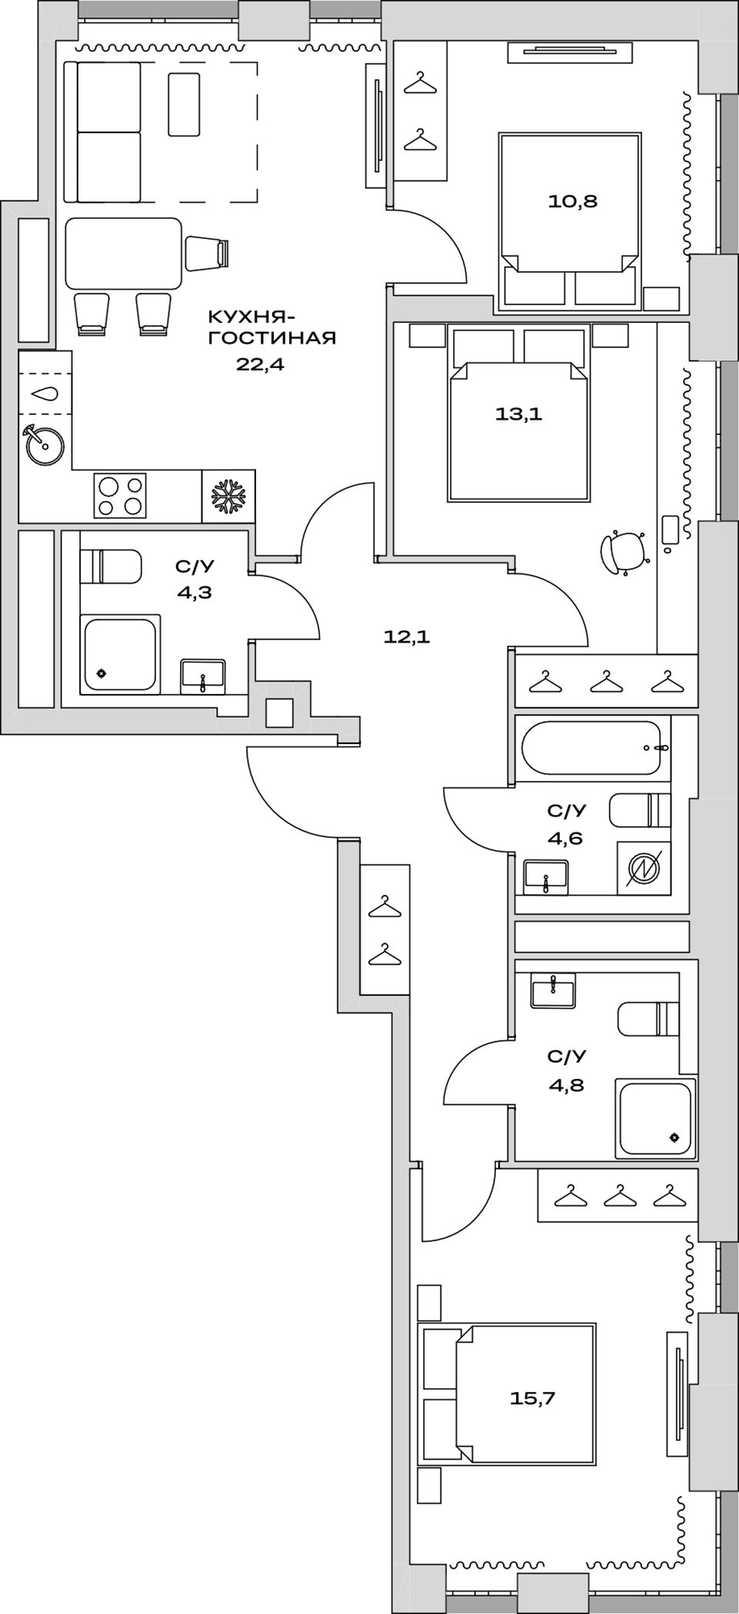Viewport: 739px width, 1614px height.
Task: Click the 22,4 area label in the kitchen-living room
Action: click(260, 364)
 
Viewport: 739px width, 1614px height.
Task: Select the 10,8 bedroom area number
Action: click(572, 201)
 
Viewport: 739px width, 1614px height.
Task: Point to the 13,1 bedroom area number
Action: click(518, 414)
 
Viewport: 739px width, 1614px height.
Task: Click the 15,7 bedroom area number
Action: click(532, 1398)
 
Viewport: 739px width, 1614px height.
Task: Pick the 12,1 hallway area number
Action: click(406, 636)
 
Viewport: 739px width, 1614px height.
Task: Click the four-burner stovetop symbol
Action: click(120, 496)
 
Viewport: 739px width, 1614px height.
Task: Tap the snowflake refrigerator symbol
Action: click(228, 496)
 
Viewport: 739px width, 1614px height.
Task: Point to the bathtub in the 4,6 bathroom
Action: click(591, 748)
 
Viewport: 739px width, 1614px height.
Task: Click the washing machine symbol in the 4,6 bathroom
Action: click(643, 868)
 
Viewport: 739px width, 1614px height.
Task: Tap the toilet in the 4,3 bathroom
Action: click(111, 566)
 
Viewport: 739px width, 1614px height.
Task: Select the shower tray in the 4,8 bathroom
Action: click(655, 1118)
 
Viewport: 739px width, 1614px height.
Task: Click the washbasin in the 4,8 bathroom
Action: click(553, 989)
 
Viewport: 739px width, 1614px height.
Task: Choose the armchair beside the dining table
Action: click(207, 253)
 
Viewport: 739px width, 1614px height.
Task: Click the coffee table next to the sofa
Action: click(184, 105)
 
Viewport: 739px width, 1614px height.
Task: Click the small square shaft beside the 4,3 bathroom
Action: click(279, 713)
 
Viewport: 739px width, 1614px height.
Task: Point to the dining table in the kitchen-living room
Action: click(123, 253)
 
